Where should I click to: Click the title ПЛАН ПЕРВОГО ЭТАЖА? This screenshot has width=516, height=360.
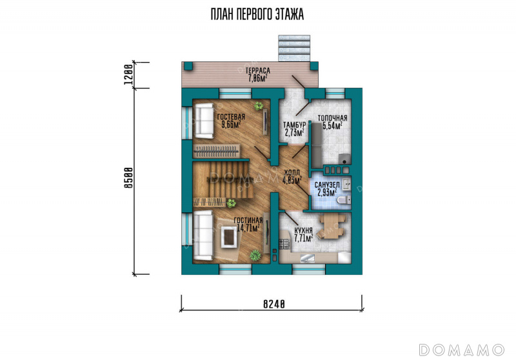coord(257,14)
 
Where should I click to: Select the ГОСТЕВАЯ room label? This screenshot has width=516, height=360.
coord(231,117)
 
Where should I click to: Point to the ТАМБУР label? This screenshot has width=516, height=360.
coord(295,125)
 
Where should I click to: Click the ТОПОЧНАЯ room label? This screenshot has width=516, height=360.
coord(332,118)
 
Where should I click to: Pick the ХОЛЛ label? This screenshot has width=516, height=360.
coord(292,173)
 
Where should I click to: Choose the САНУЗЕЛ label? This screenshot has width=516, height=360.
coord(327,185)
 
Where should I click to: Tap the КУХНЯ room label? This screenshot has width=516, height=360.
coord(303,230)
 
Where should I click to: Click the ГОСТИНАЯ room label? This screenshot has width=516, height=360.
coord(248,221)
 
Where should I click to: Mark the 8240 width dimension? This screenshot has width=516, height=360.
coord(273,305)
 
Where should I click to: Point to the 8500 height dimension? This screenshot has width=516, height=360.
coord(128,177)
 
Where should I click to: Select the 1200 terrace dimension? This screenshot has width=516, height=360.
coord(128,74)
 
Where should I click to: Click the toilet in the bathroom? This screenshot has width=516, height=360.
coord(344,199)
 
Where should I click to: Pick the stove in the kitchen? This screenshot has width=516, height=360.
coord(283,244)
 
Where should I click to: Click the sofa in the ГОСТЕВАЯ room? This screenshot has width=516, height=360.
coord(204,121)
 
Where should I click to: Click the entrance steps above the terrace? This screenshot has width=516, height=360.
coord(294,48)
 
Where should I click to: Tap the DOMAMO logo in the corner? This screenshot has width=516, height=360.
coord(462,350)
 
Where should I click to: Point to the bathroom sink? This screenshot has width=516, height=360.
coord(346,185)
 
